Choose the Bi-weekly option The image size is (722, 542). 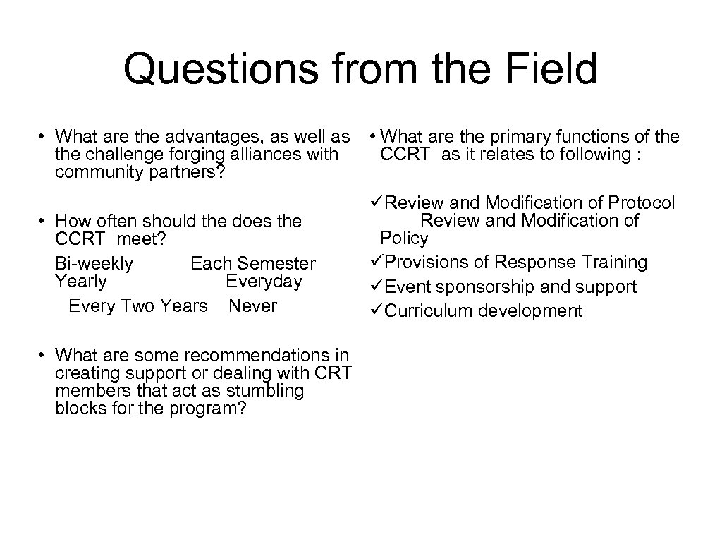94,264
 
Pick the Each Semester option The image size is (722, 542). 253,264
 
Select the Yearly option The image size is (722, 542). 80,282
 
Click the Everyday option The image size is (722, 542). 264,282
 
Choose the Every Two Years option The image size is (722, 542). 137,306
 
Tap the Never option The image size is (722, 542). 252,306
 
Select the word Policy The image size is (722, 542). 404,239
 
